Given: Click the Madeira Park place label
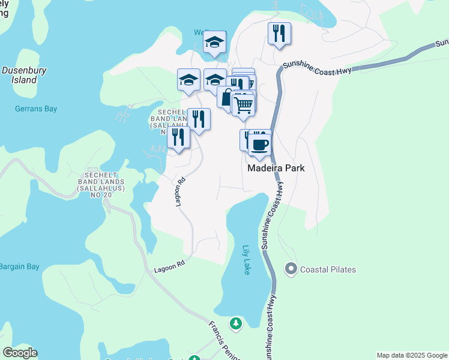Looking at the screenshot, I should (x=276, y=169).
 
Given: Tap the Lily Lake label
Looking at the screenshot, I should (x=246, y=260).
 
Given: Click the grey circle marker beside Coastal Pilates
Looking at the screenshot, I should (x=291, y=269).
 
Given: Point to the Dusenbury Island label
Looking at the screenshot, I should (x=24, y=74).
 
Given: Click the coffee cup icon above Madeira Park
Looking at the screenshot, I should (x=260, y=145).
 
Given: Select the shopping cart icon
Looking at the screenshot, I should (x=243, y=104).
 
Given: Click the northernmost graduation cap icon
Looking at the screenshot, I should (x=214, y=42).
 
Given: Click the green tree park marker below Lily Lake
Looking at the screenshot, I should (x=236, y=324).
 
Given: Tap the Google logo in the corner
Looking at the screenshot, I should (x=20, y=353).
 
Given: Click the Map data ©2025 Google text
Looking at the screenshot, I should (x=411, y=355).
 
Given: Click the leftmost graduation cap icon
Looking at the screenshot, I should (x=188, y=79).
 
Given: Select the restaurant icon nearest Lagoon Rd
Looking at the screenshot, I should (x=178, y=137).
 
